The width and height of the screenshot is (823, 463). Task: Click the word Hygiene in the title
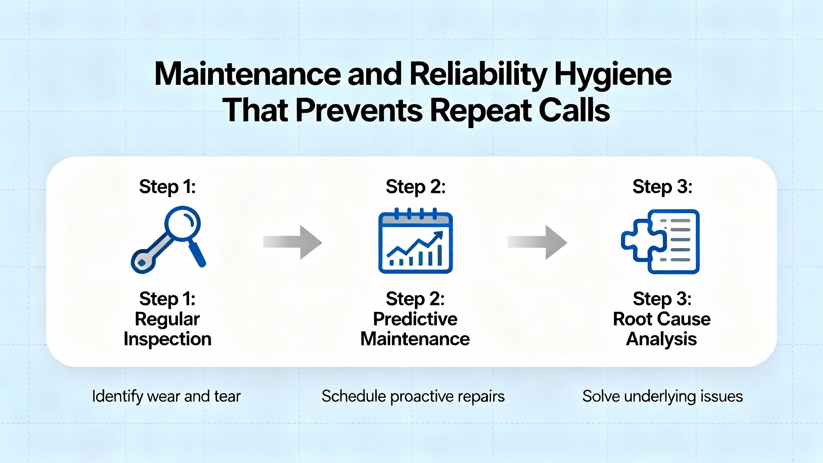click(613, 75)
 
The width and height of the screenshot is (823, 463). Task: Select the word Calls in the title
click(574, 110)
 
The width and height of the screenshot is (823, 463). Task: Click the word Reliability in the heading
click(478, 75)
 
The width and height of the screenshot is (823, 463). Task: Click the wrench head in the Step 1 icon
click(143, 262)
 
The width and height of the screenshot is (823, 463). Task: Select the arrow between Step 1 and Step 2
click(292, 242)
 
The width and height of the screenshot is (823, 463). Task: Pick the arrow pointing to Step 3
click(537, 242)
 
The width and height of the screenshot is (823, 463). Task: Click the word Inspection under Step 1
click(167, 339)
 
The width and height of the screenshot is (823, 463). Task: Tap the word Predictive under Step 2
click(415, 319)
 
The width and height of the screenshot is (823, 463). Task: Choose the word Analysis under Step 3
click(662, 339)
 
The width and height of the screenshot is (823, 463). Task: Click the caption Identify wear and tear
click(166, 396)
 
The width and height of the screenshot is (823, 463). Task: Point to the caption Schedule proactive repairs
click(413, 396)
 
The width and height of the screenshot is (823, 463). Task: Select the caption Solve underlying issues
click(663, 396)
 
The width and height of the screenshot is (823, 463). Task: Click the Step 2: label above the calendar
click(416, 187)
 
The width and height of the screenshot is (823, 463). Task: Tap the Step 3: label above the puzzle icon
click(662, 187)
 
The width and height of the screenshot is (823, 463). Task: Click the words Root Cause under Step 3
click(662, 319)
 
